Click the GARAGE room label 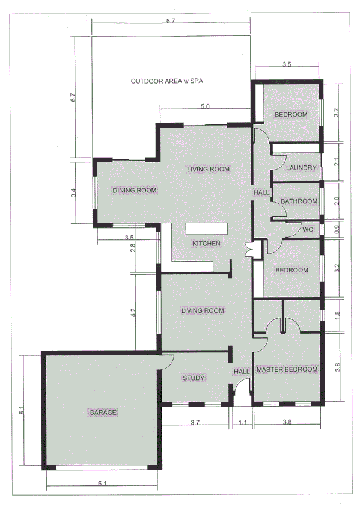(x=103, y=413)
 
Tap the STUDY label (x=194, y=378)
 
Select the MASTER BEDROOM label (x=287, y=369)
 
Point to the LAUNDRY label (x=301, y=168)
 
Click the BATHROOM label (x=299, y=201)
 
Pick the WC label (x=307, y=229)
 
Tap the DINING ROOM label (x=135, y=190)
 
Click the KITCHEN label (x=206, y=244)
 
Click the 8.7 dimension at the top (x=169, y=22)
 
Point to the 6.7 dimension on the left (x=73, y=98)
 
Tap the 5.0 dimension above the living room (x=204, y=106)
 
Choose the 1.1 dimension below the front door (x=242, y=423)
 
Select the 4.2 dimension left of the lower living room (x=133, y=312)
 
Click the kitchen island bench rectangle (x=206, y=229)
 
